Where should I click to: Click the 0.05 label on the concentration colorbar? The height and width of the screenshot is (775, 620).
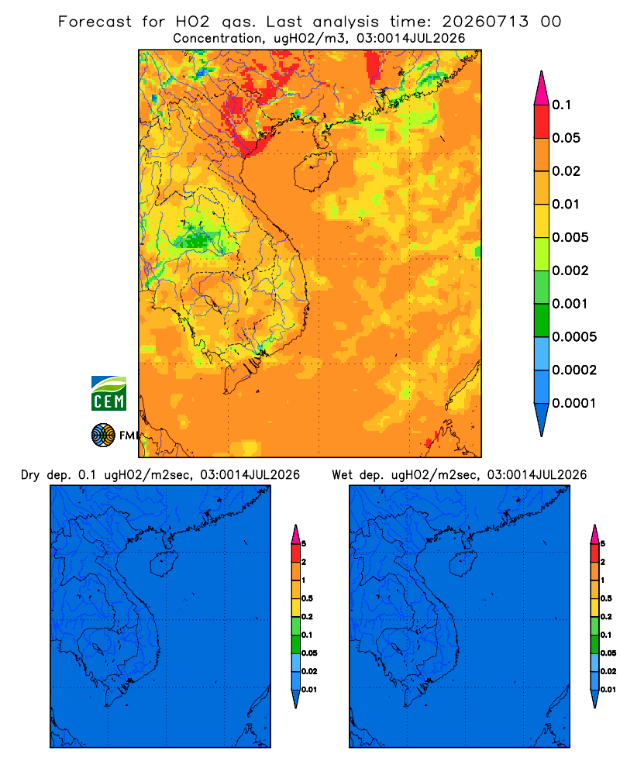tap(566, 138)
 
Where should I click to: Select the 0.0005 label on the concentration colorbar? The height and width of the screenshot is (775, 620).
tap(574, 337)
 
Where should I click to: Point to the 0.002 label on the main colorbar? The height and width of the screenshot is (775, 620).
tap(570, 270)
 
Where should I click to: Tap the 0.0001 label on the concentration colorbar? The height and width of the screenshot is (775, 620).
tap(574, 403)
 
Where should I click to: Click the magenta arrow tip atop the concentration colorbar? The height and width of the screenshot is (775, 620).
tap(542, 89)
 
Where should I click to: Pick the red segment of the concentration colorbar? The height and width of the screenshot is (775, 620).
tap(542, 121)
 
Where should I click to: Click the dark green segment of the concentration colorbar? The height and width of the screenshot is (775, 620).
tap(542, 320)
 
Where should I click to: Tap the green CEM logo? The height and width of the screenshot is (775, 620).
tap(108, 394)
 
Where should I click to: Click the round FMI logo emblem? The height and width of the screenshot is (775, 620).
tap(103, 436)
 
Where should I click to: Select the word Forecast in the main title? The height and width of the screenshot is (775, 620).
tap(95, 22)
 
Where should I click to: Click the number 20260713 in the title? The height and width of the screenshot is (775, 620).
tap(485, 22)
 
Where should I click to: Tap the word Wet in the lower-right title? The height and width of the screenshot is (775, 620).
tap(342, 475)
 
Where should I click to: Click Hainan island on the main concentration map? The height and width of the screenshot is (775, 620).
tap(315, 170)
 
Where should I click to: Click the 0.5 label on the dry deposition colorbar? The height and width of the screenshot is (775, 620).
tap(307, 598)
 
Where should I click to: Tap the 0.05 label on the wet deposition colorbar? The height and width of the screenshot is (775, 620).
tap(608, 653)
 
